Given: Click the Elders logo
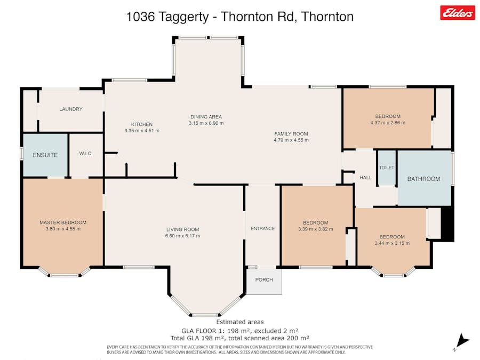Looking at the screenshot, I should (x=457, y=13).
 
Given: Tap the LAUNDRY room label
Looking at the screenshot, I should (x=71, y=109).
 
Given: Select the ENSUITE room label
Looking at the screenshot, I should (x=45, y=155).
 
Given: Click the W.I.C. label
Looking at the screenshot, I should (x=86, y=154).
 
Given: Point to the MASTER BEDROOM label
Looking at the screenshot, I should (x=63, y=222).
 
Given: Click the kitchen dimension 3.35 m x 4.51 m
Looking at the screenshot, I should (x=142, y=131).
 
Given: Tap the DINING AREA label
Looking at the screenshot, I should (x=206, y=117).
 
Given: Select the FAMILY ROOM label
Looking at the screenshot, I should (x=291, y=134).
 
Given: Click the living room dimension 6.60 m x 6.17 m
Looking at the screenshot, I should (x=182, y=236).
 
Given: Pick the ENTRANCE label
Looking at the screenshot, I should (x=262, y=229).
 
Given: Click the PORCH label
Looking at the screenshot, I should (x=264, y=280).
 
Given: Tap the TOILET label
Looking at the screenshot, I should (x=387, y=167).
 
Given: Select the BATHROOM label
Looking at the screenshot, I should (x=423, y=179).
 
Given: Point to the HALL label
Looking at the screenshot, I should (x=365, y=178).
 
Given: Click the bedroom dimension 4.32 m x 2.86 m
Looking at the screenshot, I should (x=388, y=123).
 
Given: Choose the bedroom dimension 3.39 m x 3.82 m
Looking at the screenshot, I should (x=315, y=229).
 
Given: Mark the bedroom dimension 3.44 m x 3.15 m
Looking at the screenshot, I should (x=392, y=243).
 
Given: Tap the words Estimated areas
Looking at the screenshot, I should (x=239, y=322).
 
